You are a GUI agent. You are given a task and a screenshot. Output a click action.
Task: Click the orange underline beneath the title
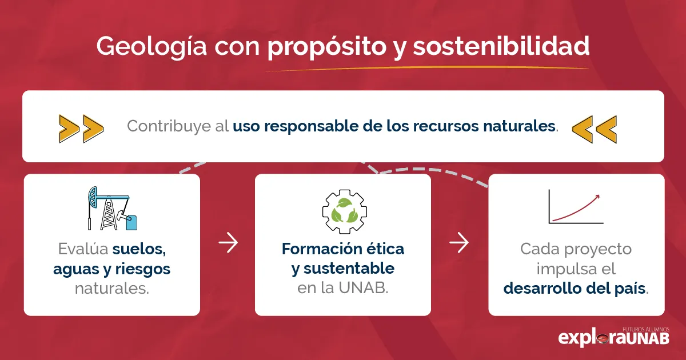426,69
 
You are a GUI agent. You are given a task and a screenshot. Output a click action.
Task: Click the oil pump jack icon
112,209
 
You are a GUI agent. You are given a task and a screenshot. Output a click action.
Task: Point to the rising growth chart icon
575,207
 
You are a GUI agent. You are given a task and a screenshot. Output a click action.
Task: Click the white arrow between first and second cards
228,243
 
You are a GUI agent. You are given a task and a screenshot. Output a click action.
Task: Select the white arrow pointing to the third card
458,243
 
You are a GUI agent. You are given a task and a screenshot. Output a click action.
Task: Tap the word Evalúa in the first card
83,250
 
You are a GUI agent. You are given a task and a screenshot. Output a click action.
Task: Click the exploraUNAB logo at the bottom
613,337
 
